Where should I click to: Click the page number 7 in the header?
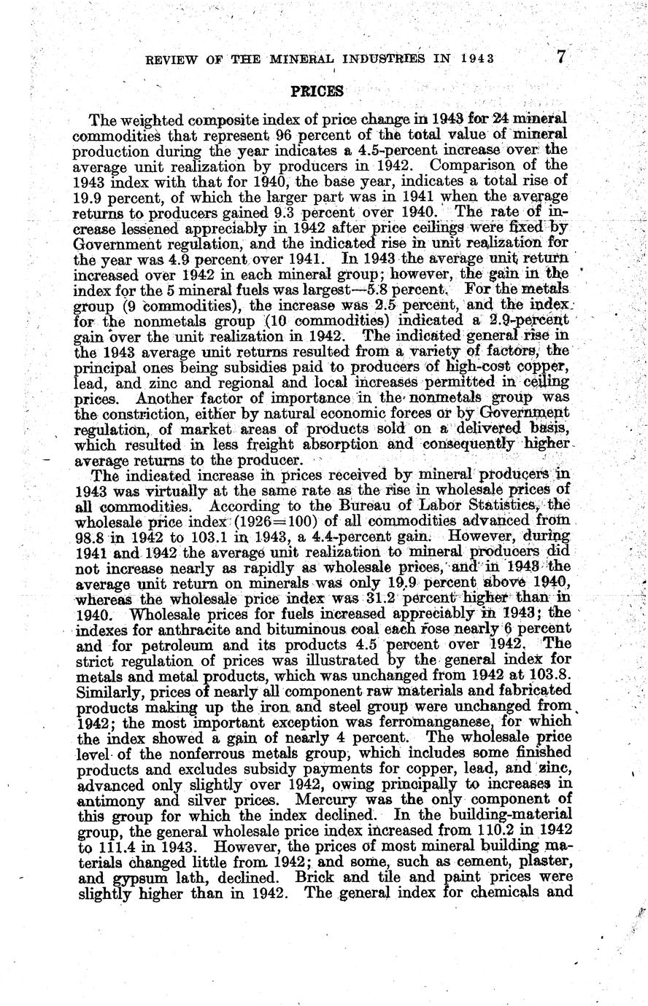[560, 57]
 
